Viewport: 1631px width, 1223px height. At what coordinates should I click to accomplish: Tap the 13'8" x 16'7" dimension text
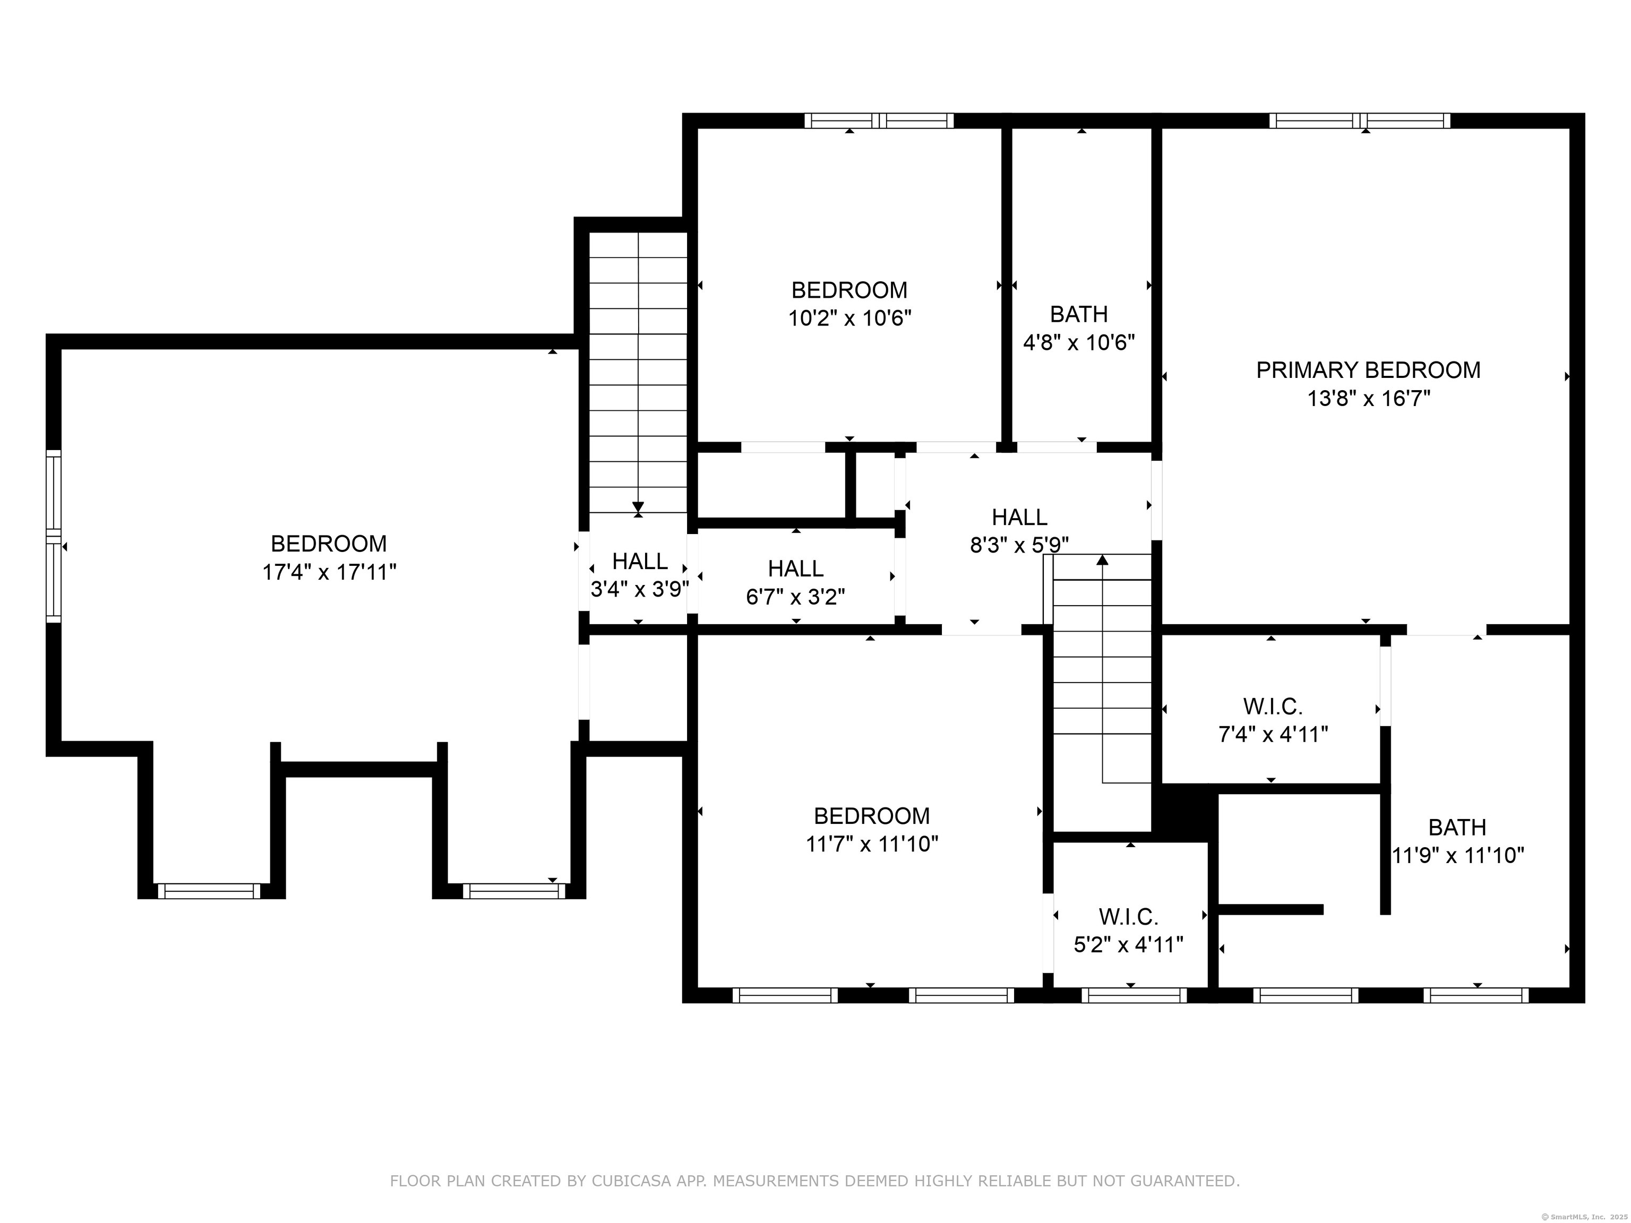coord(1369,399)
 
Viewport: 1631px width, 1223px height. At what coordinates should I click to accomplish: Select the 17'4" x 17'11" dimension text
coord(330,572)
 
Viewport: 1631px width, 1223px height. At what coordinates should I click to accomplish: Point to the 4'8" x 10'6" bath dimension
coord(1079,343)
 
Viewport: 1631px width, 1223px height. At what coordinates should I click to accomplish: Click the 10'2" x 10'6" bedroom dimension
coord(849,318)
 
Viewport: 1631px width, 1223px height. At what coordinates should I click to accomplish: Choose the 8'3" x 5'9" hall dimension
coord(1020,545)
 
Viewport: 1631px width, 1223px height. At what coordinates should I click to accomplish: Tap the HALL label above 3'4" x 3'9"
coord(640,562)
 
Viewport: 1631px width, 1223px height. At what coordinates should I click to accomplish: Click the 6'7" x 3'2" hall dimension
coord(796,597)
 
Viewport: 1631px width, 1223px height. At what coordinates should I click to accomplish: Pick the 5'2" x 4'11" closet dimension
coord(1128,945)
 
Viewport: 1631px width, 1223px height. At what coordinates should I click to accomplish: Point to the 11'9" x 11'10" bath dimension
coord(1458,856)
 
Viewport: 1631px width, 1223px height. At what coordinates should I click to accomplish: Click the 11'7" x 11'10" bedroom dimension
coord(872,844)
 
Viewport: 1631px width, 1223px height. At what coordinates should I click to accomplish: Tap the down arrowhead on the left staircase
coord(639,507)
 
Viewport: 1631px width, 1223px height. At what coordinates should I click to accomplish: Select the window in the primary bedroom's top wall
coord(1360,121)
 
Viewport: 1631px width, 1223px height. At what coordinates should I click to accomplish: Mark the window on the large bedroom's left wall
coord(53,536)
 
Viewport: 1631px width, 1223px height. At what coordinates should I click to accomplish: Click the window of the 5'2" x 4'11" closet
coord(1134,995)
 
